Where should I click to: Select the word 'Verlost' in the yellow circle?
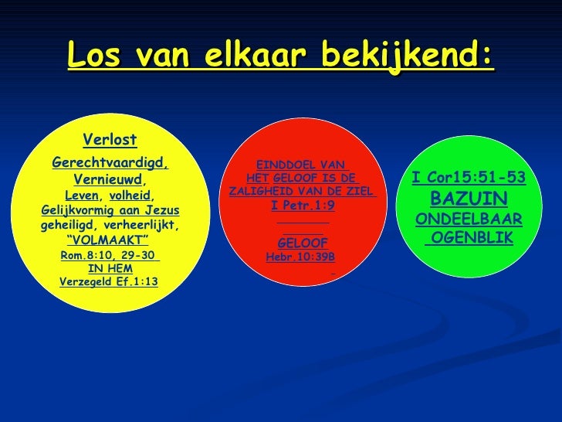[x=110, y=139]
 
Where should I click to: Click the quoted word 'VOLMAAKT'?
[x=109, y=240]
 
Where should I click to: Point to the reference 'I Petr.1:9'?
[x=303, y=206]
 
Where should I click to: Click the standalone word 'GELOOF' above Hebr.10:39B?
[x=303, y=243]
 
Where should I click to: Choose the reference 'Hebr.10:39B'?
[x=300, y=257]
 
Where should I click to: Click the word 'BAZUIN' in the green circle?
[x=469, y=199]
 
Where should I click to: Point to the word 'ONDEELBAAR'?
[x=469, y=220]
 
